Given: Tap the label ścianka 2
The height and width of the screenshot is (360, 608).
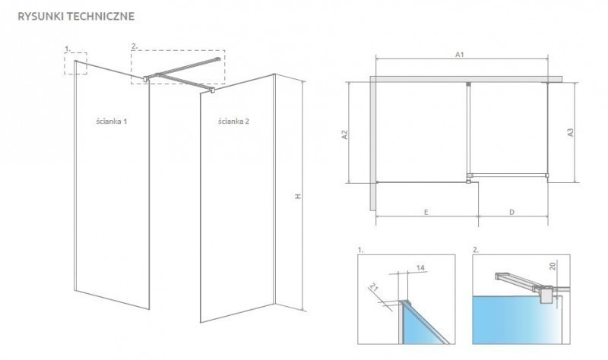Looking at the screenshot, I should (233, 122).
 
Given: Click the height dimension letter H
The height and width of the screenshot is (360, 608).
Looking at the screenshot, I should (299, 196).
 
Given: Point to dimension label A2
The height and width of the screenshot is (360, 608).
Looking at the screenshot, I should (344, 134).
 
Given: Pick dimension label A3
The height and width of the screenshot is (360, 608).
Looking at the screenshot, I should (570, 132).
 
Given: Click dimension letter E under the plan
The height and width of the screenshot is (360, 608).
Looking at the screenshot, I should (427, 212).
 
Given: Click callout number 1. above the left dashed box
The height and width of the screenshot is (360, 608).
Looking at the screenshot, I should (67, 48).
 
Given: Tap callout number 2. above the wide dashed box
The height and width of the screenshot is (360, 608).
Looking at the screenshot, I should (135, 47).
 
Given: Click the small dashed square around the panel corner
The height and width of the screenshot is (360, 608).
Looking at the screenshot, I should (77, 64).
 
